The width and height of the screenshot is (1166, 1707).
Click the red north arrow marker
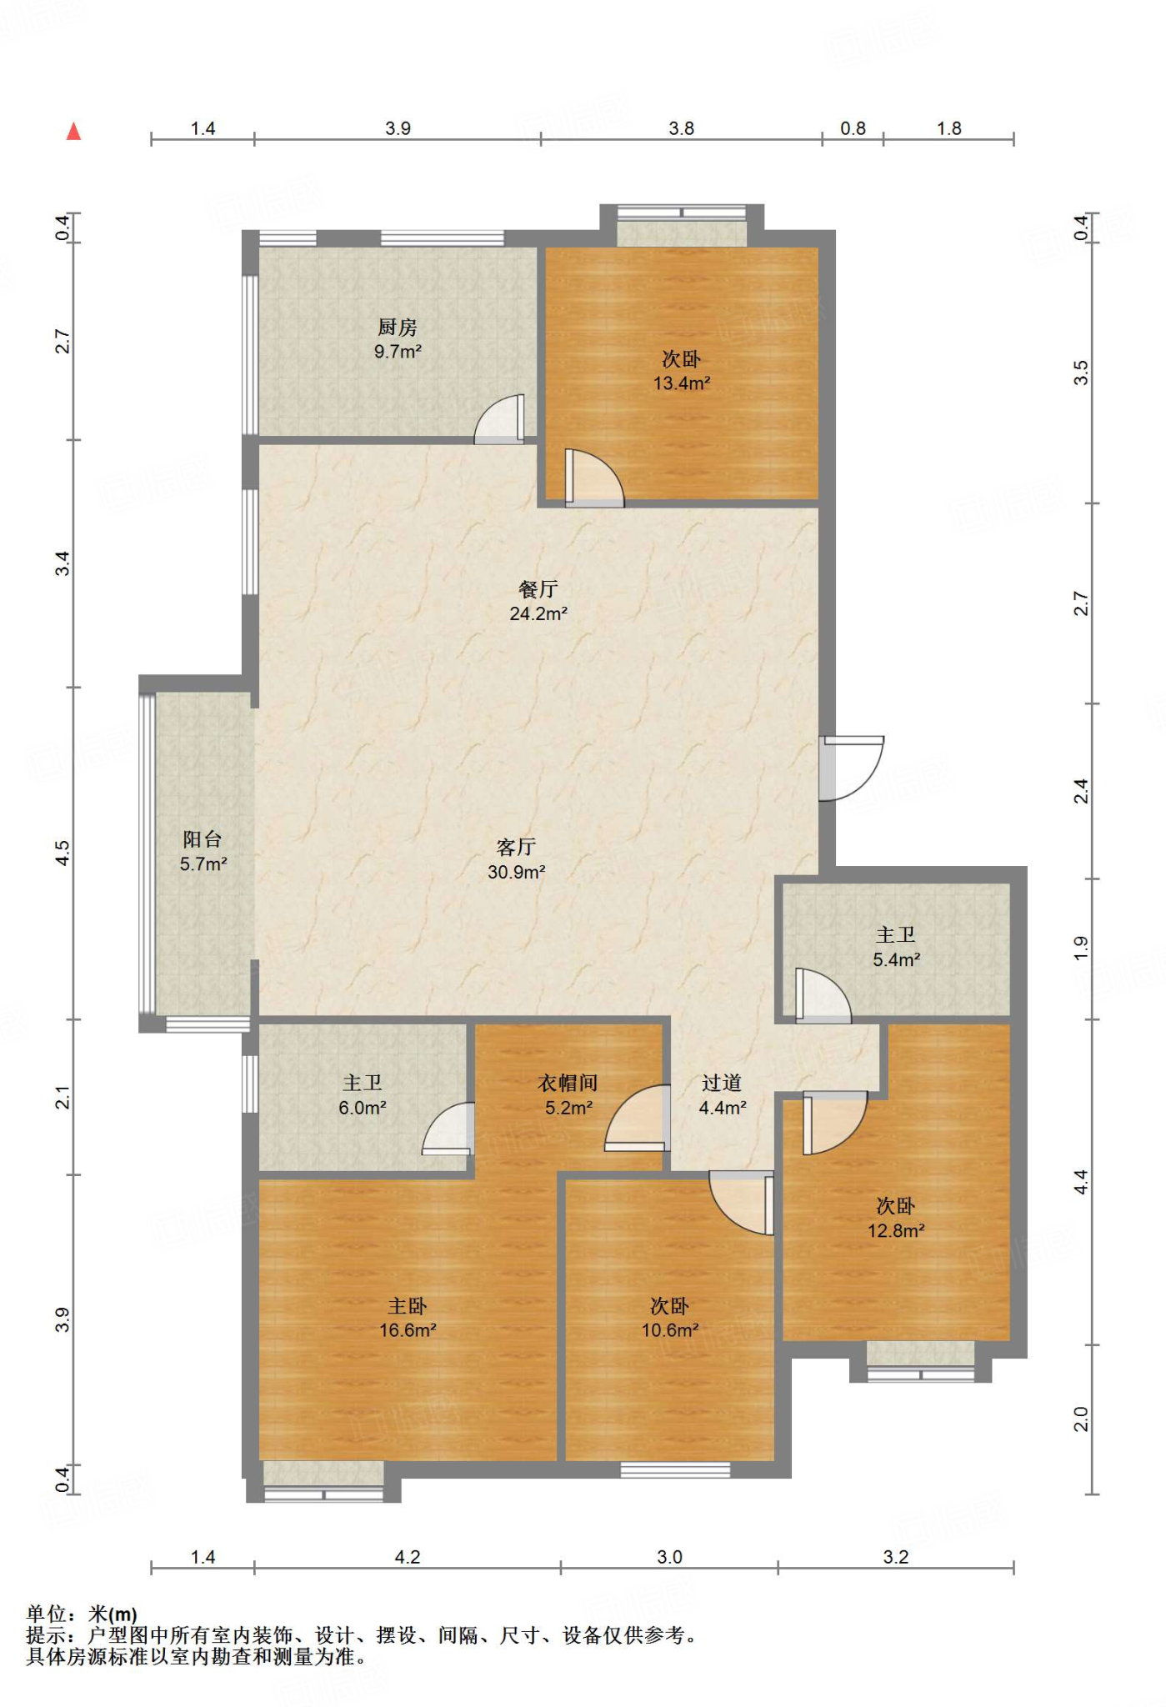74,132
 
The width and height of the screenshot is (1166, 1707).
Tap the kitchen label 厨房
398,328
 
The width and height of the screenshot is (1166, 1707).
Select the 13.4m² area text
682,383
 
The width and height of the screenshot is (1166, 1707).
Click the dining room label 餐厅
538,589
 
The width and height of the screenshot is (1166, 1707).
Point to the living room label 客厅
517,848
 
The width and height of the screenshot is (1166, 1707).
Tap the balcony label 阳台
203,839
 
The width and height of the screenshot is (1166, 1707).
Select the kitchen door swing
500,418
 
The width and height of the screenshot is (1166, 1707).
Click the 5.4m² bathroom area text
897,960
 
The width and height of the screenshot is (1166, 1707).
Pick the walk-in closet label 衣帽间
568,1084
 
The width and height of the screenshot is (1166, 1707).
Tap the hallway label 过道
722,1084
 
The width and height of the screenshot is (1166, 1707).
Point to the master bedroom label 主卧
408,1306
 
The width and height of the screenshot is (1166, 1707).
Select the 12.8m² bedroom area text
897,1231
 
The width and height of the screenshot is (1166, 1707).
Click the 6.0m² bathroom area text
363,1109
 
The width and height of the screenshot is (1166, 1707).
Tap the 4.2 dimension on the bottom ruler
408,1557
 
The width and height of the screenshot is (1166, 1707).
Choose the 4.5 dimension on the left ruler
63,853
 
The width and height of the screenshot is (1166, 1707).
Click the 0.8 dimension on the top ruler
853,128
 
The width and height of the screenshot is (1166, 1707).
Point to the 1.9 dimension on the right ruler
1081,949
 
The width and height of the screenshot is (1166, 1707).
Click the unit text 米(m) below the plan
113,1614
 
